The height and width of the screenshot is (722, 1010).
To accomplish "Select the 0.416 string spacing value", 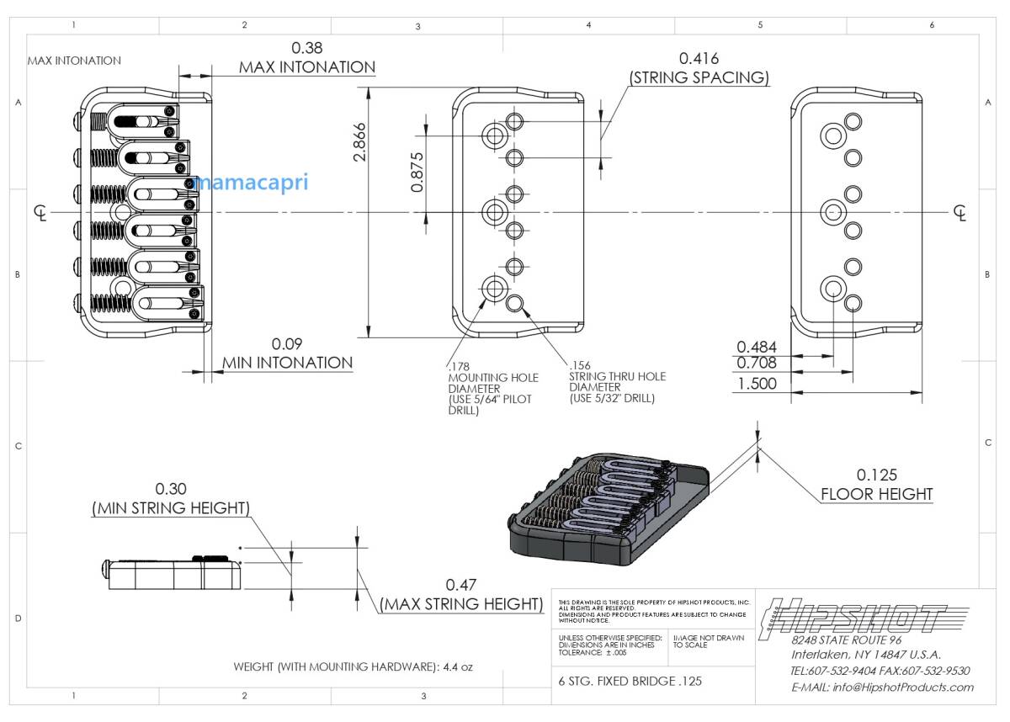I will (699, 58).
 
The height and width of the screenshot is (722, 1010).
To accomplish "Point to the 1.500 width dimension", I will (757, 384).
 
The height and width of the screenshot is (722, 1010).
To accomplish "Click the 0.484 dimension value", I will (757, 347).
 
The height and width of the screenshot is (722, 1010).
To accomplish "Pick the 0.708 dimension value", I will (757, 364).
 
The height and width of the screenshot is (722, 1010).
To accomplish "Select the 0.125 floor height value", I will (877, 474).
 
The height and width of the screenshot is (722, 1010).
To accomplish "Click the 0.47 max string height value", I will (461, 585).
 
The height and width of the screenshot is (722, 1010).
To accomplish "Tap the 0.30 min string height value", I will (171, 489).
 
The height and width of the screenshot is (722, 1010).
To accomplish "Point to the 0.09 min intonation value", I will (287, 344).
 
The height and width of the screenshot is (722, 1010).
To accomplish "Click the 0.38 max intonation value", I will (307, 48).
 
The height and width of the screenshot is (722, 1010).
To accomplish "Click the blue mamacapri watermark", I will (251, 182).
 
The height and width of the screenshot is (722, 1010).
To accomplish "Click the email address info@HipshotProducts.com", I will (882, 687).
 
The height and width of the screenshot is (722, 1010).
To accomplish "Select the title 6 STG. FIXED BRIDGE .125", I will (630, 682).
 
